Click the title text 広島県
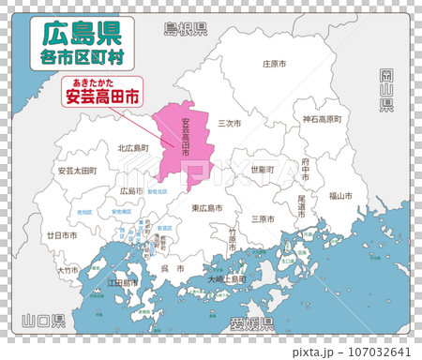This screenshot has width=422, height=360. coord(79,35)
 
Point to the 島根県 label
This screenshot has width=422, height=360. coord(185,28)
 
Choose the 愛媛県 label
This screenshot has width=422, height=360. coord(251,324)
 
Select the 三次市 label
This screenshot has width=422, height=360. coord(230,123)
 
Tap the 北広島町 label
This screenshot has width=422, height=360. coord(133,148)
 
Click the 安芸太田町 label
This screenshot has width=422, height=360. coord(76,171)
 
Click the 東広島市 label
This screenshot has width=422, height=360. coord(206,207)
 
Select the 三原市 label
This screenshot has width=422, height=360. coord(263,218)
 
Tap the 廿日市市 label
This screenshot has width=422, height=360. coord(62,235)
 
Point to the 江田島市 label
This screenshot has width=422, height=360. coord(122,282)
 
